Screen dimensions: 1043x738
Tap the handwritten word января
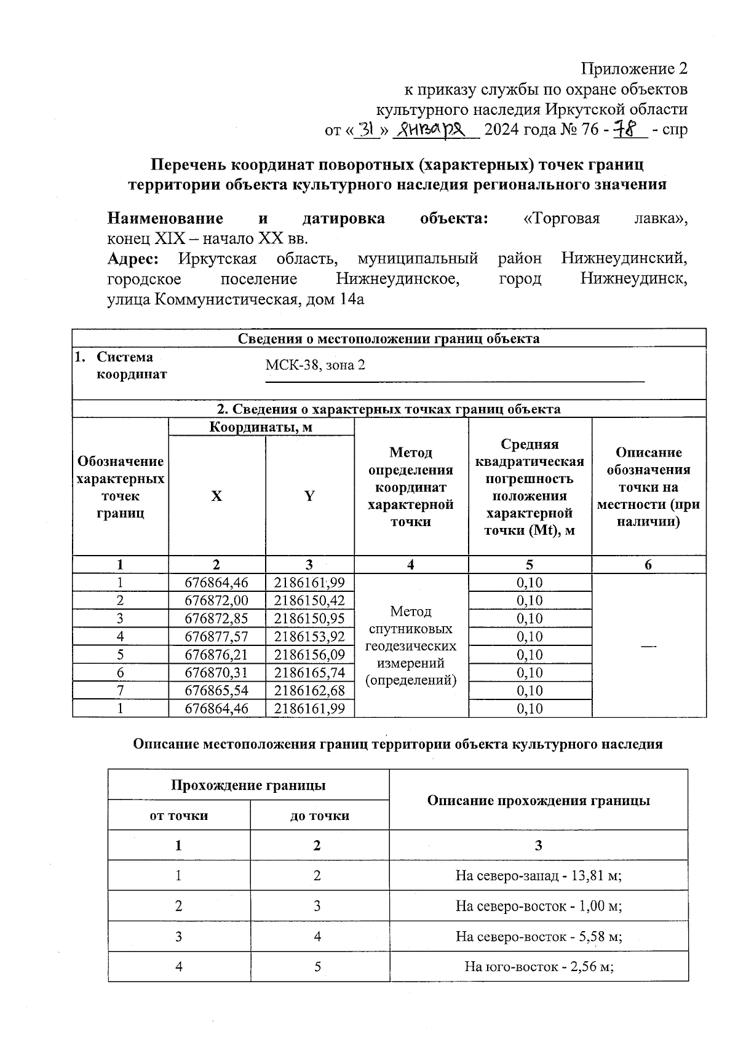[435, 130]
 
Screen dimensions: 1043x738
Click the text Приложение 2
[635, 68]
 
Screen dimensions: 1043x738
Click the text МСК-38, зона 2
[315, 365]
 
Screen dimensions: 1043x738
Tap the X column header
[216, 496]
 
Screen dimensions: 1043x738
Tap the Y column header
[310, 496]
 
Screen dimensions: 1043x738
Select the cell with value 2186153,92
[310, 637]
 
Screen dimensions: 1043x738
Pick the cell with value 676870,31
[216, 673]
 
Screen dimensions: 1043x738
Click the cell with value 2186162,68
[310, 691]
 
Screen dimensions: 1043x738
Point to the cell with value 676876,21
[216, 655]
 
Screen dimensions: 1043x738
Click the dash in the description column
[648, 646]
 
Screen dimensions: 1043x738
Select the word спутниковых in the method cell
[411, 629]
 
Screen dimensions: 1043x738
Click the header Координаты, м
[261, 427]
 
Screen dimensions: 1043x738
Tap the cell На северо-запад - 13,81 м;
[538, 875]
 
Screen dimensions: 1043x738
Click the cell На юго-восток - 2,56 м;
[538, 967]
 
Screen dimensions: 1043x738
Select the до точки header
[320, 816]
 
